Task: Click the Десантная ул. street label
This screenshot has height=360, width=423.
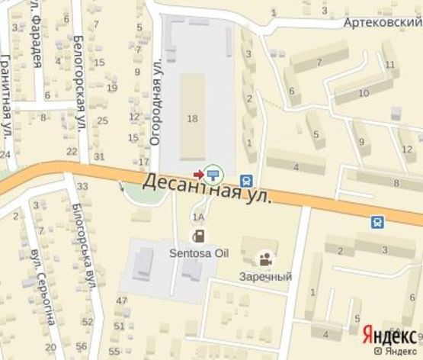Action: [x=207, y=188]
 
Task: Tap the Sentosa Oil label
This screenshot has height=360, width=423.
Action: [x=197, y=249]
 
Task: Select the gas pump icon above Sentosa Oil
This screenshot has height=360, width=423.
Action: [x=197, y=234]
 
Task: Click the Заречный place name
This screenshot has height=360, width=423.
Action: [x=264, y=276]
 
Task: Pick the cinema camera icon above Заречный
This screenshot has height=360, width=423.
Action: [x=264, y=259]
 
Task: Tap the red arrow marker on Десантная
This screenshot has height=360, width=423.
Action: [x=199, y=173]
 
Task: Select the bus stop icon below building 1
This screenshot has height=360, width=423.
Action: [x=246, y=181]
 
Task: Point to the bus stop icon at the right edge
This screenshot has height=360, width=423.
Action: [x=377, y=222]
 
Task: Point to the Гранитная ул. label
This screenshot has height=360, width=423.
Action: [x=6, y=98]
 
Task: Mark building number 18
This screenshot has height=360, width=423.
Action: [x=192, y=117]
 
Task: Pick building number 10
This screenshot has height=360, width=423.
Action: [x=364, y=93]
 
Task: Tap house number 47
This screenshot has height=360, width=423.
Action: [x=121, y=301]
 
